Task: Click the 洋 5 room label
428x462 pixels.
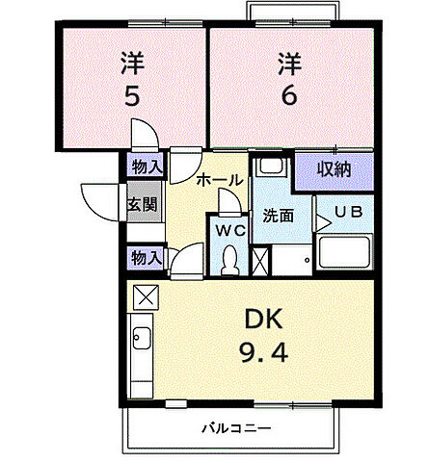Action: coord(132,80)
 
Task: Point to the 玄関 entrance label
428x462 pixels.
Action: coord(147,205)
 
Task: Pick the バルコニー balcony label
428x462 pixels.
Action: coord(236,426)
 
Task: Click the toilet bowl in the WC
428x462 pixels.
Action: coord(229,259)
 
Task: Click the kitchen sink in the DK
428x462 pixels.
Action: coord(143,339)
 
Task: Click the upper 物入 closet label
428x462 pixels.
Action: coord(147,167)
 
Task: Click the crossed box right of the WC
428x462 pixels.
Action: coord(259,259)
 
